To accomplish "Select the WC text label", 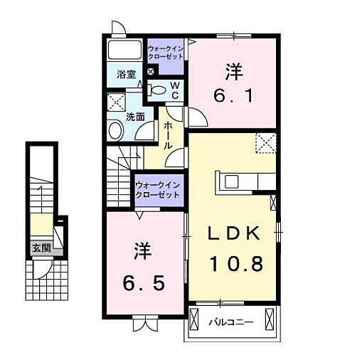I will [x=175, y=88].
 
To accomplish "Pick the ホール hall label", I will [x=168, y=134].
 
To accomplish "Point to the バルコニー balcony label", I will [x=230, y=322].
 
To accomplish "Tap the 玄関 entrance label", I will [x=41, y=248].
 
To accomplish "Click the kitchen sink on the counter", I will [x=233, y=181].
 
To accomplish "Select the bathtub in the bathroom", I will [x=124, y=51].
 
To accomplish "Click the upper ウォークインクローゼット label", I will [x=166, y=52].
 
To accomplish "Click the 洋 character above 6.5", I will [x=140, y=251].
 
